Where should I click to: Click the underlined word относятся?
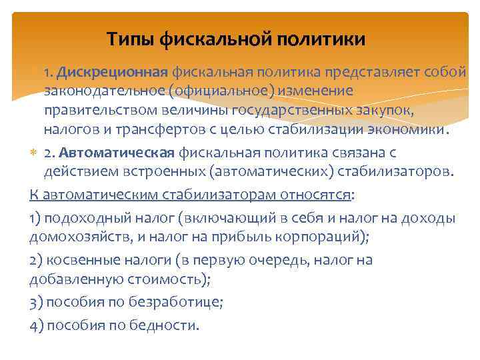[x=315, y=195]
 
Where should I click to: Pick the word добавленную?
[x=73, y=279]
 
